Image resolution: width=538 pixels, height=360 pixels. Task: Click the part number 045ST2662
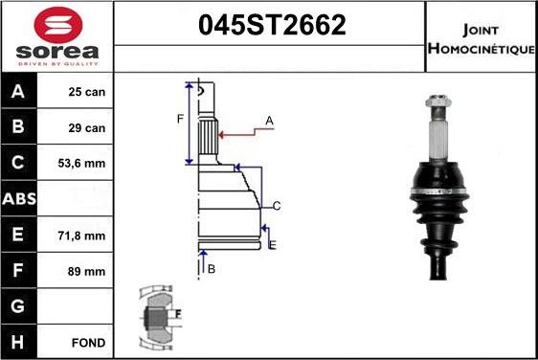(x=271, y=26)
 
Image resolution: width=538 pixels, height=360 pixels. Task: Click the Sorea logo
(x=57, y=36)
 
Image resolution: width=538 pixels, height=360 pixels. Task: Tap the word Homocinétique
(x=482, y=48)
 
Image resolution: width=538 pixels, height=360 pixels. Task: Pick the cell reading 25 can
(x=86, y=93)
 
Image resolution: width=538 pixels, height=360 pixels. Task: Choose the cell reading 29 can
(x=86, y=127)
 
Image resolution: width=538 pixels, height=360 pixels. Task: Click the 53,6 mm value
(x=86, y=164)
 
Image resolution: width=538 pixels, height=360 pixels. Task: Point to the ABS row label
(x=20, y=199)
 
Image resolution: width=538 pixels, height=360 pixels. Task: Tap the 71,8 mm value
(x=86, y=235)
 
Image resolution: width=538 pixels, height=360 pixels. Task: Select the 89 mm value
(x=86, y=271)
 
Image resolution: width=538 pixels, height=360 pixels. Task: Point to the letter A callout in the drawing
(x=270, y=120)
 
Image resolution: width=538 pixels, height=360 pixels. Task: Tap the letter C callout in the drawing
(x=276, y=206)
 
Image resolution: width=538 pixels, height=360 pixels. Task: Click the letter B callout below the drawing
(x=212, y=269)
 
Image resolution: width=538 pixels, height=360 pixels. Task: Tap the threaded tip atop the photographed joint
(x=436, y=99)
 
